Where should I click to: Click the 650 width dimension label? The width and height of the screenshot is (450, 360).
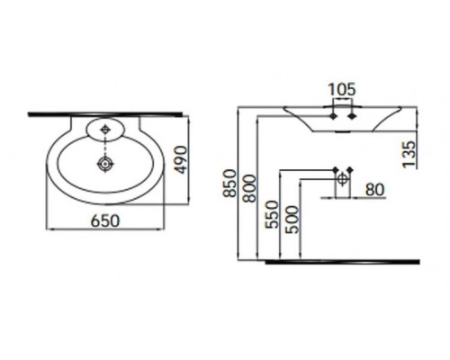tap(107, 220)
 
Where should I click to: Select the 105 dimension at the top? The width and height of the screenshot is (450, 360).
tap(342, 89)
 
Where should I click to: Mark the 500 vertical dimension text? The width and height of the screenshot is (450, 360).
tap(291, 220)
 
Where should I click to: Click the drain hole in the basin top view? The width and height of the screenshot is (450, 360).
tap(106, 165)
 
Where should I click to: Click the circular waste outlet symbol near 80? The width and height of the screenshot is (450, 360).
tap(343, 180)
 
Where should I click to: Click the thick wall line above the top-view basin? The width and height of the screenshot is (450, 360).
tap(108, 115)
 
